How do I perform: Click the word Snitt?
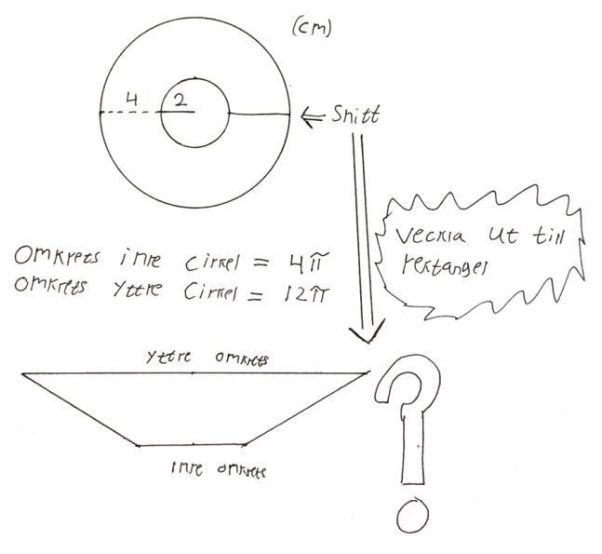pos(355,115)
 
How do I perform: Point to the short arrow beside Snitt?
pos(314,115)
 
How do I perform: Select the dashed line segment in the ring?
pos(130,114)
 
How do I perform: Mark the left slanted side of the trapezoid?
pos(80,410)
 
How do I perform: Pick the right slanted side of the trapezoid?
pos(307,410)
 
